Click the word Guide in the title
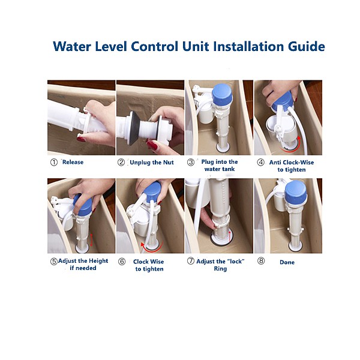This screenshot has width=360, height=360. click(x=306, y=46)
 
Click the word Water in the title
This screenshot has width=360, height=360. click(x=72, y=46)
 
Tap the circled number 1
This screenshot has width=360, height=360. click(x=54, y=163)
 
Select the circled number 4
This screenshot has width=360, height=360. click(x=260, y=163)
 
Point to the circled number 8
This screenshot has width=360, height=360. click(x=261, y=261)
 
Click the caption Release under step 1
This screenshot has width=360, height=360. click(x=73, y=162)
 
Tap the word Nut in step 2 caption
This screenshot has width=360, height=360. click(x=168, y=163)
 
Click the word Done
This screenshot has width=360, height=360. click(x=287, y=262)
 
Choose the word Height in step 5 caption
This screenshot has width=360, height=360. click(x=98, y=261)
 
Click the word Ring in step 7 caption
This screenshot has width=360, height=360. click(x=220, y=269)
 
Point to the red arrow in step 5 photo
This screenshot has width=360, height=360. click(x=91, y=240)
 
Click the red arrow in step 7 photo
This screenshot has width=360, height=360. click(x=230, y=236)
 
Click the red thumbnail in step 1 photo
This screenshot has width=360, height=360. click(x=81, y=139)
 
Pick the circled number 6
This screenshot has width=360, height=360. click(x=122, y=262)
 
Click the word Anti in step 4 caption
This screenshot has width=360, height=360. click(x=275, y=163)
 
